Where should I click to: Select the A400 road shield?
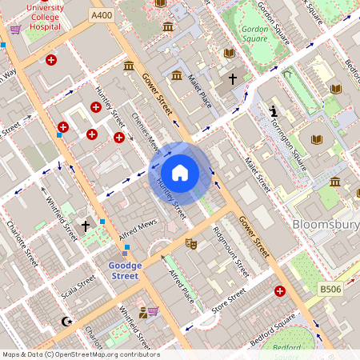(x=102, y=15)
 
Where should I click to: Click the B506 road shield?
(x=330, y=288)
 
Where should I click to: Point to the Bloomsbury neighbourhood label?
(x=326, y=225)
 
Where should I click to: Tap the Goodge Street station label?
(x=124, y=270)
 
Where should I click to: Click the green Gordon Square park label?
(x=254, y=34)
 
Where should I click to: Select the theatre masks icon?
(x=190, y=243)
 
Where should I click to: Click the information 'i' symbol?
(x=274, y=110)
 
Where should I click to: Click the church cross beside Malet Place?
(x=233, y=79)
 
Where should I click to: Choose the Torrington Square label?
(x=290, y=147)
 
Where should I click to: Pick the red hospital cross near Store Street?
(x=279, y=291)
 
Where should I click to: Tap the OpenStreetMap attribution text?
(x=80, y=354)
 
